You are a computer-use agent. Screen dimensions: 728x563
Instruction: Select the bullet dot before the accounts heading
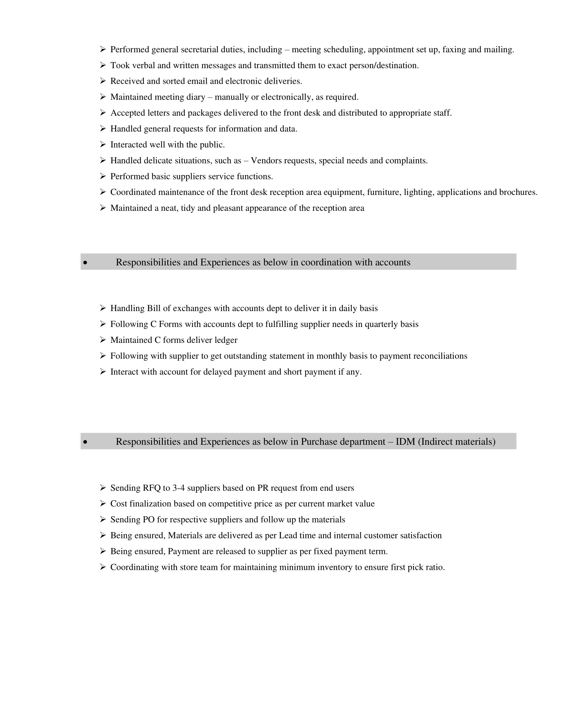(85, 263)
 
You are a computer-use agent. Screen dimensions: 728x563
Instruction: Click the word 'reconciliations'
(440, 356)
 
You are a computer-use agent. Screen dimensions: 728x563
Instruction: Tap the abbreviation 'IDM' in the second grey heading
(405, 442)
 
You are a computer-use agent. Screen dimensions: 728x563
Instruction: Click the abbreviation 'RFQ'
(152, 488)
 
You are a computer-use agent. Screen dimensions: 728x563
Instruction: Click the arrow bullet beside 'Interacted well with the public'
(103, 144)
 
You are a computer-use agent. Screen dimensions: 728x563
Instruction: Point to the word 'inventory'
(334, 567)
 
